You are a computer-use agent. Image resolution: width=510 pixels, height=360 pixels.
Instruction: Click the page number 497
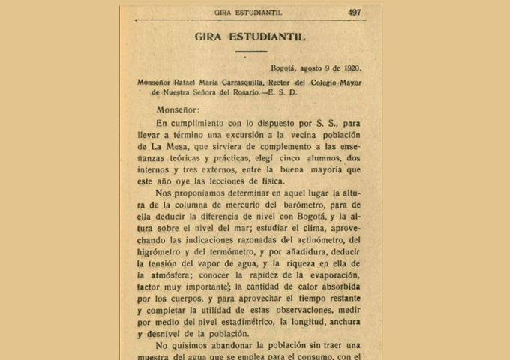point(354,12)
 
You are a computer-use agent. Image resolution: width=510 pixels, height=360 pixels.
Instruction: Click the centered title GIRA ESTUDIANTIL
point(250,36)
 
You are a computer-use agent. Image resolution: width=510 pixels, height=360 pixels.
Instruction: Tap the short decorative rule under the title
point(250,52)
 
